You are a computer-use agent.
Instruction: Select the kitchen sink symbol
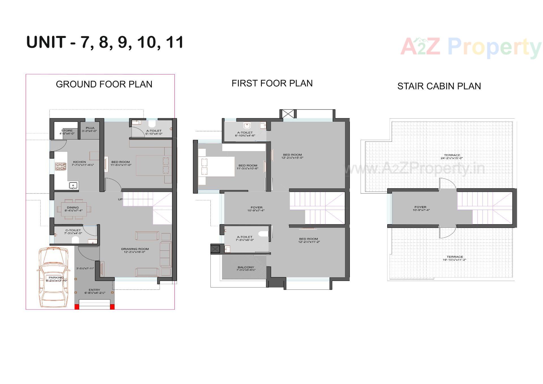(73, 186)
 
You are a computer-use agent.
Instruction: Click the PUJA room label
(90, 130)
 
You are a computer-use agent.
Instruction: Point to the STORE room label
(67, 132)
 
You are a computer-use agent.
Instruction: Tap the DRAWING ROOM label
(135, 250)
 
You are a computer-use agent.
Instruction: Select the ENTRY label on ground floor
(94, 291)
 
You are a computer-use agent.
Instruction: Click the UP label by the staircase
(120, 199)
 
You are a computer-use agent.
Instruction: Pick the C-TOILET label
(73, 232)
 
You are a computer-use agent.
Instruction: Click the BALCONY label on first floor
(246, 269)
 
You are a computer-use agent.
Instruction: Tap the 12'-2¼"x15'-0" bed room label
(292, 156)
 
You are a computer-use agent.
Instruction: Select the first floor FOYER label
(256, 209)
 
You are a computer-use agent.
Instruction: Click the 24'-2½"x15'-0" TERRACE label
(452, 156)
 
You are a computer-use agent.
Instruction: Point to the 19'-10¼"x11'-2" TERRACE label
(454, 258)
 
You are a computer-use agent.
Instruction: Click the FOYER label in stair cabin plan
(420, 209)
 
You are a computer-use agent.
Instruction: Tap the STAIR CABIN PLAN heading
(439, 86)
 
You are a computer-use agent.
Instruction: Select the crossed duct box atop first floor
(288, 114)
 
